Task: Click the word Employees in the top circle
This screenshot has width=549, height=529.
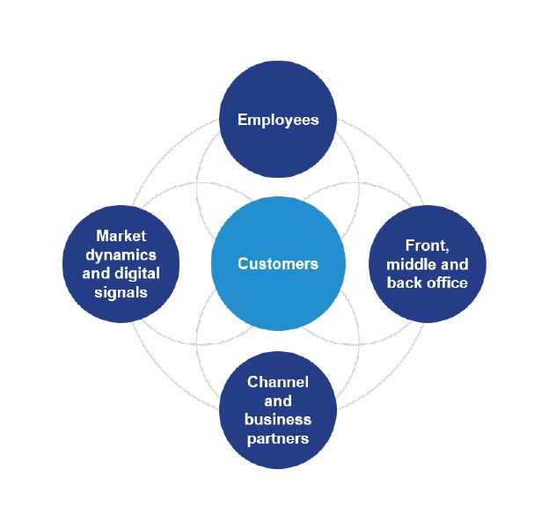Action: click(278, 120)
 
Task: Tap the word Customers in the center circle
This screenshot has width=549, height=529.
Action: click(278, 263)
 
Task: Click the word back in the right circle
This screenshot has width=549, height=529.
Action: click(406, 283)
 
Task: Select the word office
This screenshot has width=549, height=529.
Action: click(445, 283)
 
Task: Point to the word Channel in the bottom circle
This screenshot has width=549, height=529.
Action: click(278, 382)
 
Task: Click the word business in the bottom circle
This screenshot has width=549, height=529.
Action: click(278, 418)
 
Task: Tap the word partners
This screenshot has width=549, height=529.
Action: click(278, 437)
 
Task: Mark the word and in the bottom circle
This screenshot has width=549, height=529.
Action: click(278, 400)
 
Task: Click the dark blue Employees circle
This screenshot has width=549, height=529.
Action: click(278, 150)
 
